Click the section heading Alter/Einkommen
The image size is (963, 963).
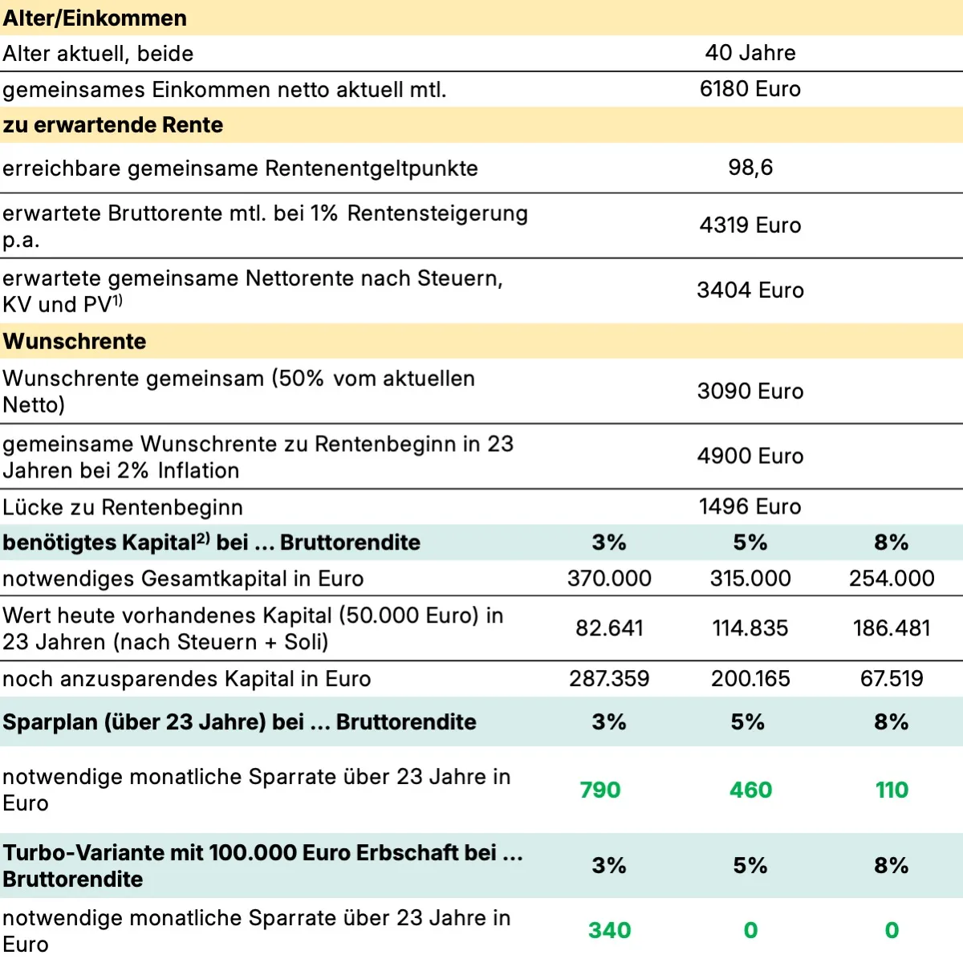pyautogui.click(x=95, y=18)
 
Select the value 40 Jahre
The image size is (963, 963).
pyautogui.click(x=750, y=53)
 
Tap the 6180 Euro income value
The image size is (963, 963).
pyautogui.click(x=750, y=89)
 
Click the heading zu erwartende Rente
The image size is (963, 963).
pyautogui.click(x=113, y=125)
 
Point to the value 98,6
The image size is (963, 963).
pyautogui.click(x=750, y=168)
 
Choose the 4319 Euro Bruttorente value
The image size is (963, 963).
pyautogui.click(x=750, y=226)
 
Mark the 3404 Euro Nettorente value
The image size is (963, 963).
pyautogui.click(x=750, y=291)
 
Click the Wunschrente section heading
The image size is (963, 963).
pyautogui.click(x=75, y=341)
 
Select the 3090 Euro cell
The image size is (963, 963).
pyautogui.click(x=750, y=392)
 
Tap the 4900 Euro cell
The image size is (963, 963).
pyautogui.click(x=750, y=456)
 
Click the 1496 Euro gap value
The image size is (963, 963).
pyautogui.click(x=750, y=506)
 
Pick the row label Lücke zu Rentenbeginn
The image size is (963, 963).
pyautogui.click(x=123, y=507)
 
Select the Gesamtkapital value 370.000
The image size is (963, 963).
pyautogui.click(x=609, y=579)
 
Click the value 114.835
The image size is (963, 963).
pyautogui.click(x=750, y=628)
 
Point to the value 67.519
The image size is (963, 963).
pyautogui.click(x=892, y=679)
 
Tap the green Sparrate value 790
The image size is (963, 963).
pyautogui.click(x=600, y=790)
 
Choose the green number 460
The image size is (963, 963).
pyautogui.click(x=750, y=790)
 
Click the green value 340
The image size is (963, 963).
pyautogui.click(x=609, y=930)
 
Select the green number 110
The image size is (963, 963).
pyautogui.click(x=892, y=790)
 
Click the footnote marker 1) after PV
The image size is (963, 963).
pyautogui.click(x=117, y=300)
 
